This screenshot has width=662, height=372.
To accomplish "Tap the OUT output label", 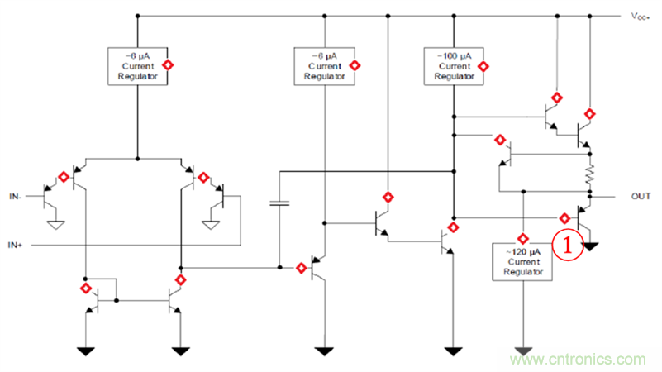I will click(641, 197).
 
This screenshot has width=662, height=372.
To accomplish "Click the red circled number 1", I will click(569, 245).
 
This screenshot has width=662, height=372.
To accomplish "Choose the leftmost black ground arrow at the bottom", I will click(85, 351).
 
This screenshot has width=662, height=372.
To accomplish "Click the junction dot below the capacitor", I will click(280, 267).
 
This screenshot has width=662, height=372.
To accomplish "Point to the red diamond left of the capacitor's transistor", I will click(300, 268).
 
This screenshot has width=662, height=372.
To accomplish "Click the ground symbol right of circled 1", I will click(593, 246).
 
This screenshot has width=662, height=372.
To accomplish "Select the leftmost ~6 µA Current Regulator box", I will click(137, 65).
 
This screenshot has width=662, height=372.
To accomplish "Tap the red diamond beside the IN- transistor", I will click(63, 176).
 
